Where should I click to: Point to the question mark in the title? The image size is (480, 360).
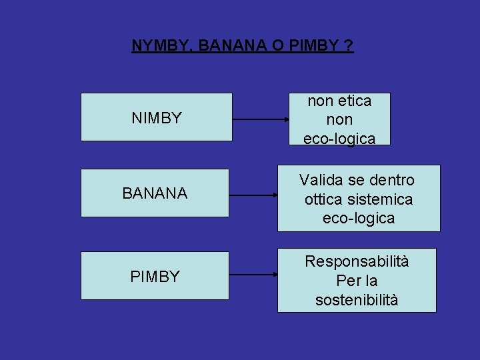click(349, 46)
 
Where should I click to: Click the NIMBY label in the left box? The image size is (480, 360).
click(157, 118)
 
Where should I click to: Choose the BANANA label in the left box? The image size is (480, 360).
click(155, 194)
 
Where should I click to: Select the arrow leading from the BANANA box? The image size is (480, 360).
click(253, 196)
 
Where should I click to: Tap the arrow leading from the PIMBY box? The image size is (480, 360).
click(253, 275)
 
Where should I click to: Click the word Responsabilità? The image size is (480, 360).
click(357, 261)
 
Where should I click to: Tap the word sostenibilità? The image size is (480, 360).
click(357, 300)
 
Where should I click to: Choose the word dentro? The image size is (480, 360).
click(391, 180)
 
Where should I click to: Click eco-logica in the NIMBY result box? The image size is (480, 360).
click(339, 139)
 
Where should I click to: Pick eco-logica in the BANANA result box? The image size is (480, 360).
click(359, 218)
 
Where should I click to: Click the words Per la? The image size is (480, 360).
click(357, 281)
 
